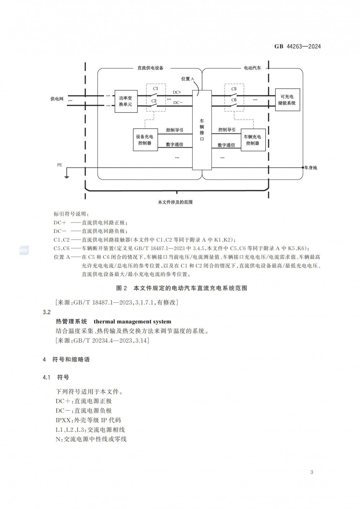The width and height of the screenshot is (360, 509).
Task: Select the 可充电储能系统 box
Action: pos(288,100)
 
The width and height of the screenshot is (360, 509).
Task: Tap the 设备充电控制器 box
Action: pos(145,140)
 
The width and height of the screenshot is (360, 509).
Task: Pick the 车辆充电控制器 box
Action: pos(253,140)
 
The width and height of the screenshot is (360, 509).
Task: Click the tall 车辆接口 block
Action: pos(202,130)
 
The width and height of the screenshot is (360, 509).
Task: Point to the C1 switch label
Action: pos(156,89)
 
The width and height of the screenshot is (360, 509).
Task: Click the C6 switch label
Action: pos(234,100)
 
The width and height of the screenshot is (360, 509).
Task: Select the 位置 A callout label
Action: pos(188,79)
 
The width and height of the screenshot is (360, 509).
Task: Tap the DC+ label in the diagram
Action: pos(177,92)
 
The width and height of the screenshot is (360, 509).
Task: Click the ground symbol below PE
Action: pos(67,176)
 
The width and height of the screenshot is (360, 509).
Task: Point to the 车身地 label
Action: pos(310,168)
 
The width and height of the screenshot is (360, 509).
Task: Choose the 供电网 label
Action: pos(57,99)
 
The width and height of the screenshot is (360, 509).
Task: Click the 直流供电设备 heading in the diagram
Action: pos(150,68)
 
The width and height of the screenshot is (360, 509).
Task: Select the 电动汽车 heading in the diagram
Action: pos(252,68)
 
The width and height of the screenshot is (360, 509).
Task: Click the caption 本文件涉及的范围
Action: pos(175,202)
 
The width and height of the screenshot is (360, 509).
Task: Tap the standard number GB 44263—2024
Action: pos(297,46)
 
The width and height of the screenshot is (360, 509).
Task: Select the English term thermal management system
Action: pos(132,321)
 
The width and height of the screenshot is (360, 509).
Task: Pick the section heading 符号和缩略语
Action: pos(71,360)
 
